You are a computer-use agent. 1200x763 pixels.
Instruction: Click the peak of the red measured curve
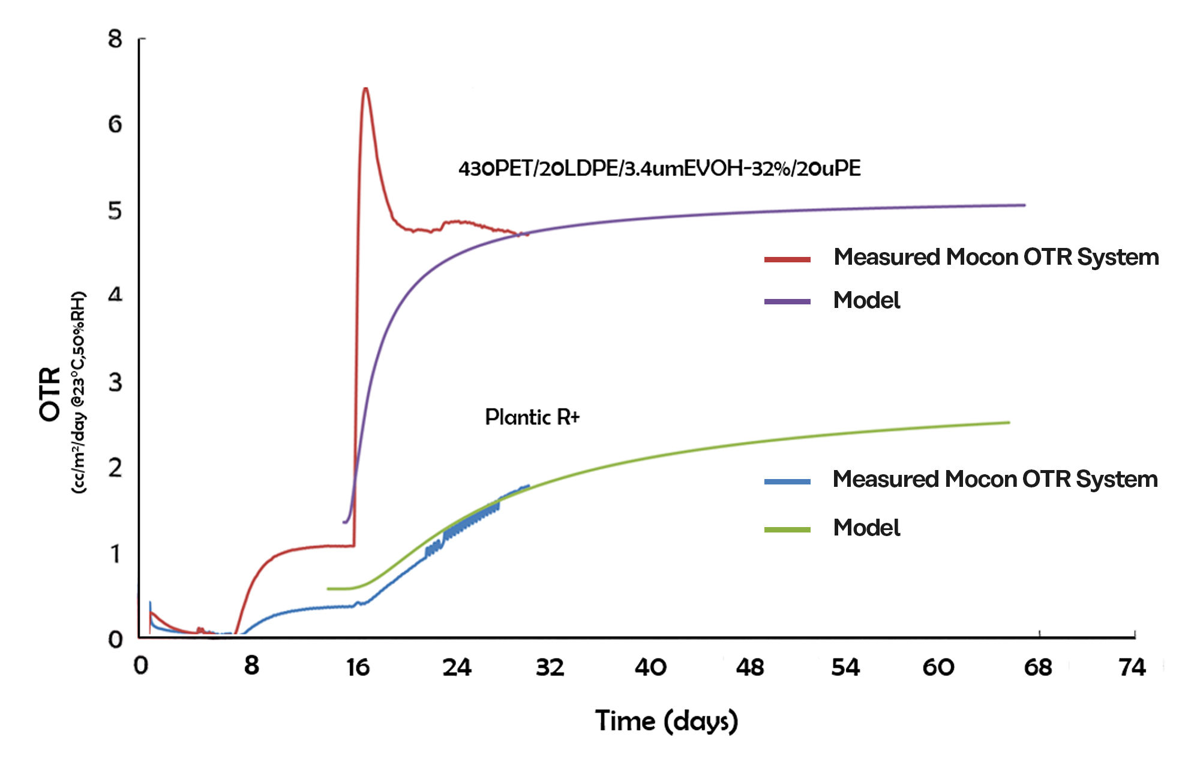pos(365,89)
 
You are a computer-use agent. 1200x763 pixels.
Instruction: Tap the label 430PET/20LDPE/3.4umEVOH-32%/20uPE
pos(659,169)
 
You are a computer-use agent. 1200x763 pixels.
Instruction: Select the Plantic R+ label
pos(532,417)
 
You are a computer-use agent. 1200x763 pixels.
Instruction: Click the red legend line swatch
pos(787,259)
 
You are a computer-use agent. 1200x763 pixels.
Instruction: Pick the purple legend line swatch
pos(787,301)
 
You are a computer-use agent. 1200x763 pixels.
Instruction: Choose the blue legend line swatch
pos(787,481)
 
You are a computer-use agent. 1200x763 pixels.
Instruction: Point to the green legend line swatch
pos(787,529)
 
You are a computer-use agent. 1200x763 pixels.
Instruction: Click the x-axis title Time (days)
pos(666,721)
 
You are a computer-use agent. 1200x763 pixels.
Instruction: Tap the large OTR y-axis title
pos(50,394)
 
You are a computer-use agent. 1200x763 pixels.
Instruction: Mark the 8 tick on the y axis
pos(115,40)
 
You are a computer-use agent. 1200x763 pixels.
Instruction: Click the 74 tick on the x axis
pos(1132,668)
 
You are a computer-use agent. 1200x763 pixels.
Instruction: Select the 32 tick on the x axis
pos(550,668)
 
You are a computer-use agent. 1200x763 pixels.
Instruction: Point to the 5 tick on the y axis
pos(115,211)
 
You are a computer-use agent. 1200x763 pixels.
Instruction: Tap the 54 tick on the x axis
pos(845,668)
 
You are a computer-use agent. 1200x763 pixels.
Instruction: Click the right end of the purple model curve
pos(1024,205)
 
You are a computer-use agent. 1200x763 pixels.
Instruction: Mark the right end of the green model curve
pos(1009,423)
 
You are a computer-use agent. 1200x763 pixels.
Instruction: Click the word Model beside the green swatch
pos(866,528)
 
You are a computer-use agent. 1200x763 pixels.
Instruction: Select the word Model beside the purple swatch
pos(866,300)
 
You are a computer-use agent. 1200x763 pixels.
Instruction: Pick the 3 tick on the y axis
pos(115,382)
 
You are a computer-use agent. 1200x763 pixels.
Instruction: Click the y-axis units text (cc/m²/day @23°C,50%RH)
pos(79,393)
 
